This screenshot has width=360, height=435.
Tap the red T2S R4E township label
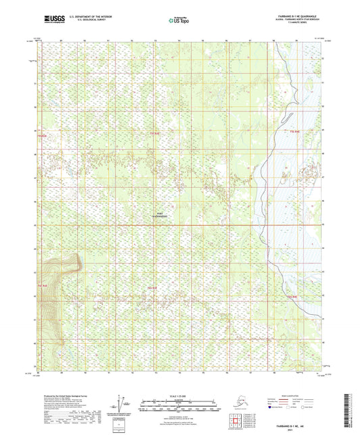pyautogui.click(x=292, y=296)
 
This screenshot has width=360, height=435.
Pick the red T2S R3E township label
pyautogui.click(x=153, y=288)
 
